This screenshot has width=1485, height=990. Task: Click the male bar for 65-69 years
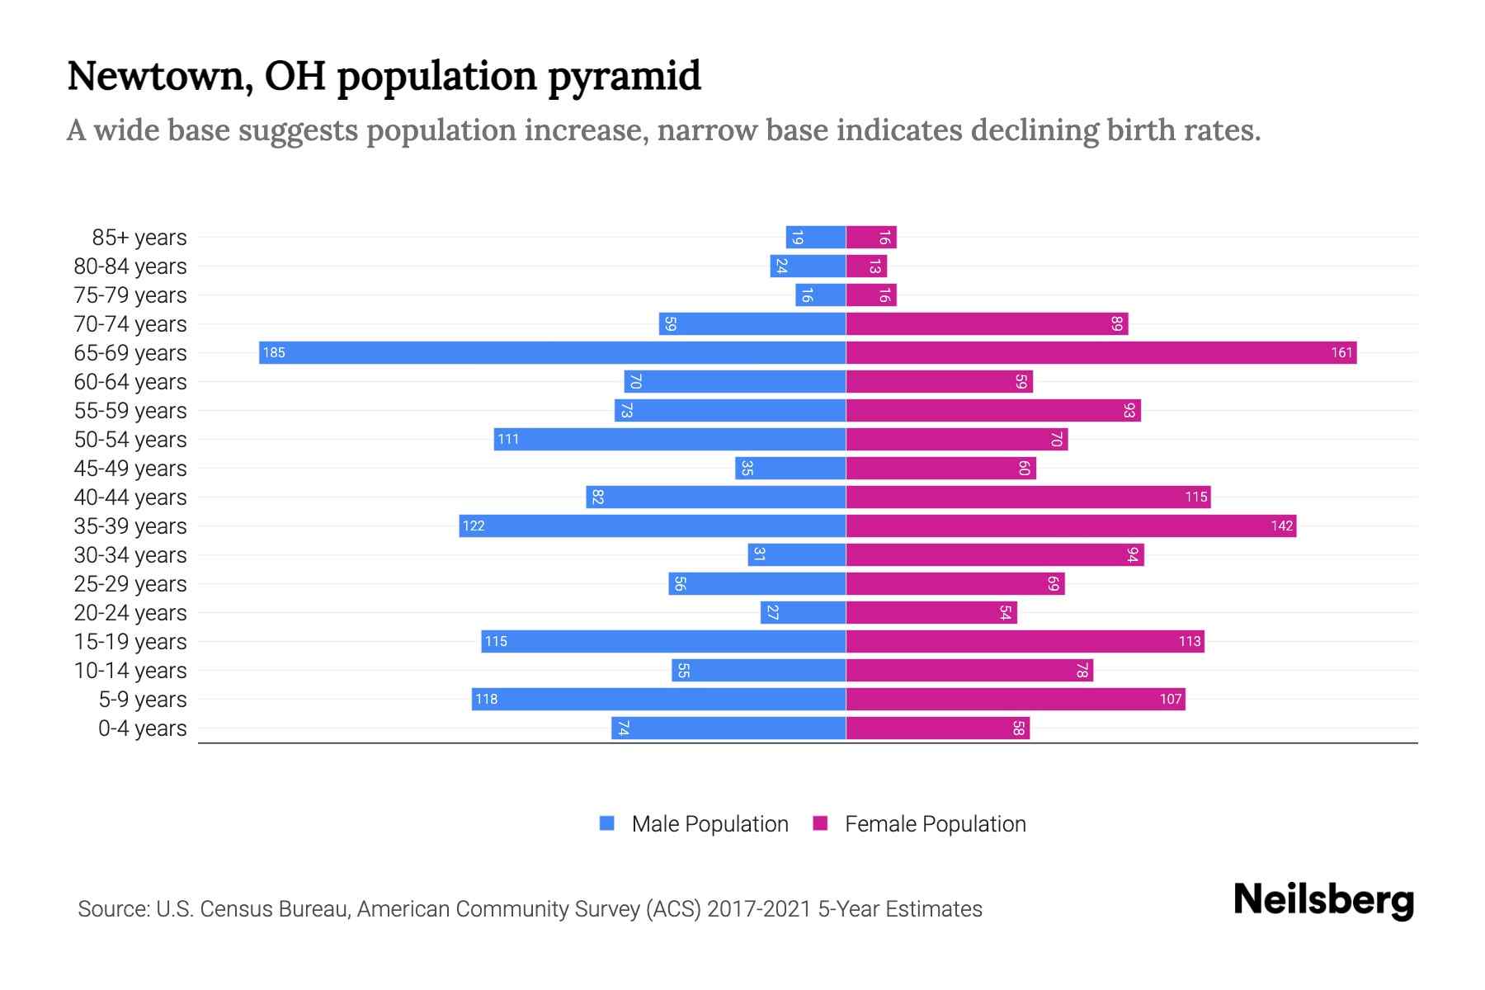coord(552,353)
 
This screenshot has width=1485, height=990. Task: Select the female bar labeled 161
coord(1101,353)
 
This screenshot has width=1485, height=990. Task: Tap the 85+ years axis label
coord(139,238)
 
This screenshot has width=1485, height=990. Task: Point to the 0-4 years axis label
coord(142,728)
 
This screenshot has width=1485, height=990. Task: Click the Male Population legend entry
coord(694,824)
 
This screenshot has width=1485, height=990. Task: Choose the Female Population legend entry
coord(920,824)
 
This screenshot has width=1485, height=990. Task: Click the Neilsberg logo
coord(1323,900)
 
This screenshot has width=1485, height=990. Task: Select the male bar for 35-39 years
coord(653,526)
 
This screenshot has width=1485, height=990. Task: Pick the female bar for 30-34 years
coord(995,555)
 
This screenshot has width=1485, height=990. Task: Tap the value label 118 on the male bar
coord(486,700)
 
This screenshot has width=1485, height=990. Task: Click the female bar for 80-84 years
coord(866,266)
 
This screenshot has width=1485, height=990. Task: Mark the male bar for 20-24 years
coord(803,613)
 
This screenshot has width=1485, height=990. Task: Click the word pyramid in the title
coord(625,76)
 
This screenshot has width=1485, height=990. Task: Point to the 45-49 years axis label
coord(130,469)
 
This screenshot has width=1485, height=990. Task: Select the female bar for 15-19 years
coord(1025,642)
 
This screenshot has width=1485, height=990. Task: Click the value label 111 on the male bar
coord(508,440)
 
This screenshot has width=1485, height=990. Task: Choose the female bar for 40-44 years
coord(1028,497)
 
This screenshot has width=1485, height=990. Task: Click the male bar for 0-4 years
coord(728,728)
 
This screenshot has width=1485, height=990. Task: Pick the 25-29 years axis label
coord(130,584)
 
